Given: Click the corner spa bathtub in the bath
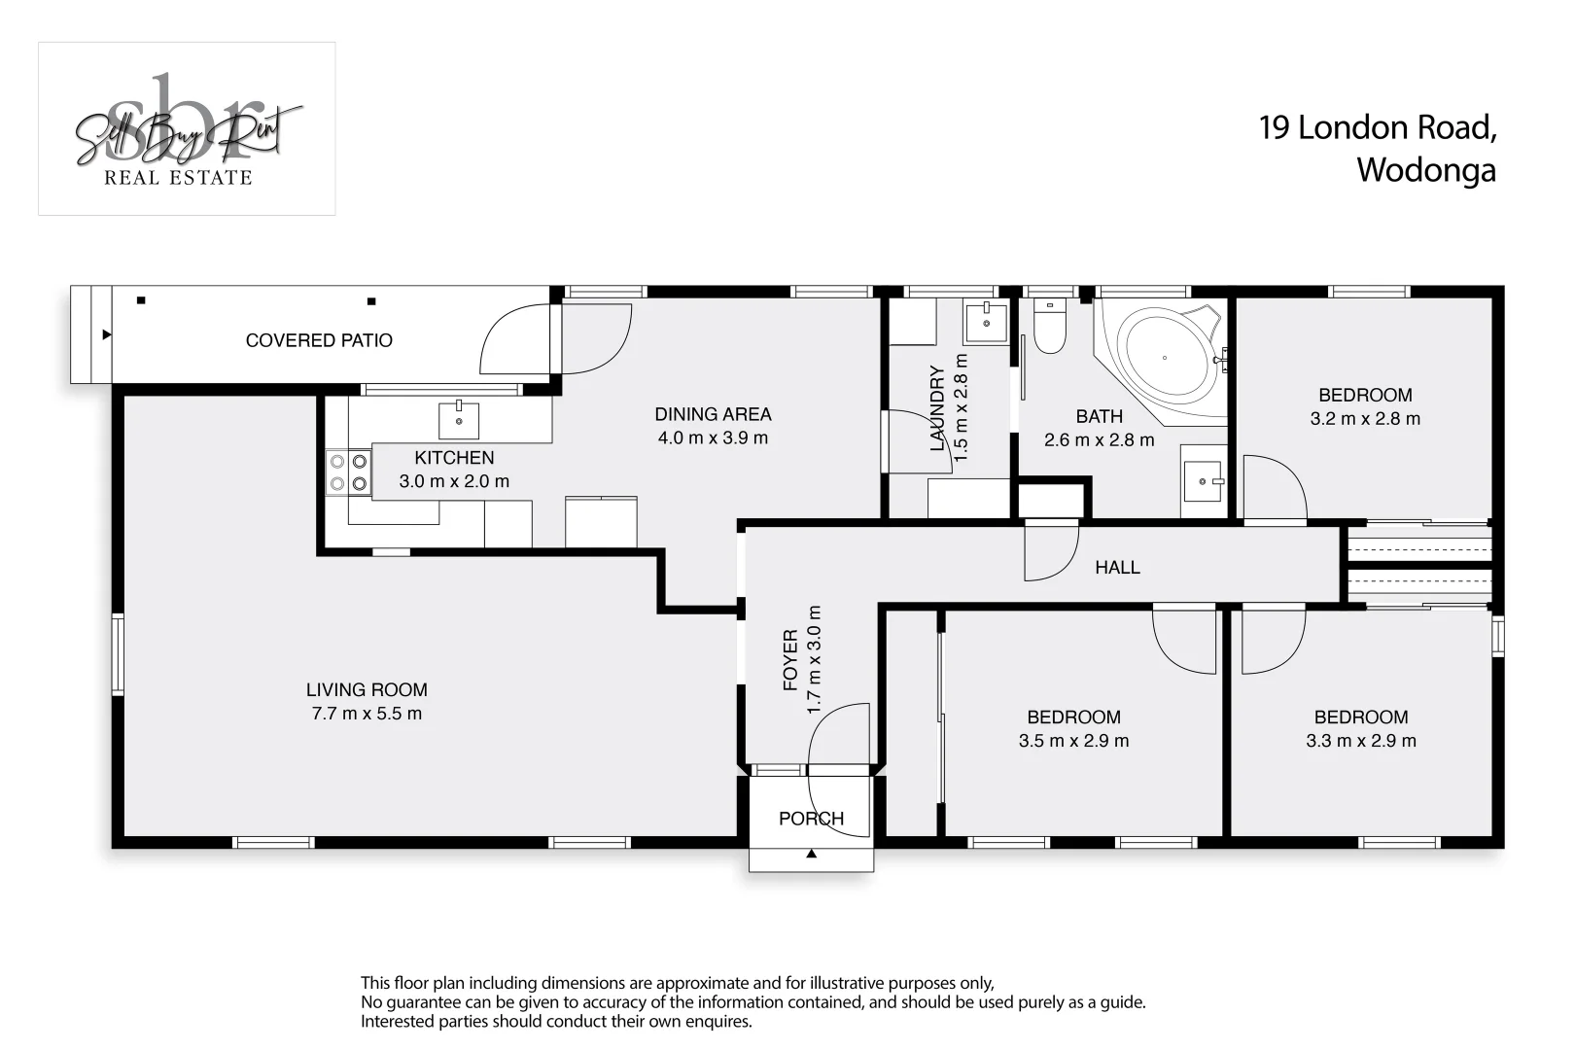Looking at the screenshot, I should (x=1164, y=358).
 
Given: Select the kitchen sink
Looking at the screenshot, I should (x=459, y=420).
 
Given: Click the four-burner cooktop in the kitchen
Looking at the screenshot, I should (x=348, y=472).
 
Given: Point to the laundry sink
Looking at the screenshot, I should (x=987, y=322).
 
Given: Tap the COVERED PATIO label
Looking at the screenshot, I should (x=319, y=340).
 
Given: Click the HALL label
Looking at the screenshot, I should (x=1117, y=567).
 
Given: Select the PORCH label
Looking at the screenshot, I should (x=811, y=819).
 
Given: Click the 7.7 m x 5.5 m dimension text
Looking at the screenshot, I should (x=367, y=714).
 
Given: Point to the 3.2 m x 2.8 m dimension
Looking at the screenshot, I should (x=1365, y=419).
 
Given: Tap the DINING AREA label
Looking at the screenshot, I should (x=713, y=414).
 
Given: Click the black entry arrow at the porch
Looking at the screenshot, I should (x=811, y=855).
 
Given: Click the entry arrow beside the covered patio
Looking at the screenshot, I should (x=106, y=334).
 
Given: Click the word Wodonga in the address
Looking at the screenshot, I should (x=1425, y=170).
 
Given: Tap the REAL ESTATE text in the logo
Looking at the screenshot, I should (x=178, y=178).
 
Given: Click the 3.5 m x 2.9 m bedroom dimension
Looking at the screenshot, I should (x=1073, y=741).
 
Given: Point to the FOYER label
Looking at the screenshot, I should (x=790, y=660).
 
